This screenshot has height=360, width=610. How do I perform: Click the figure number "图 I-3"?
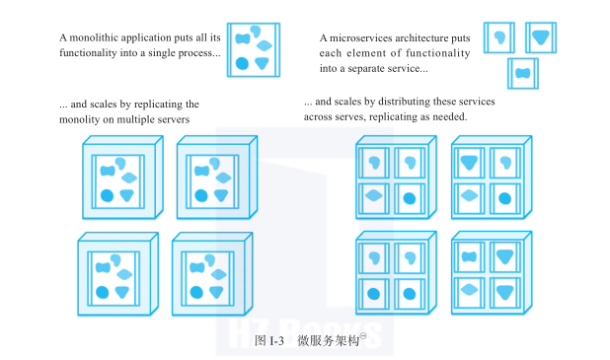(x=269, y=341)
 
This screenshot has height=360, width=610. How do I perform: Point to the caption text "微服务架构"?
(x=328, y=341)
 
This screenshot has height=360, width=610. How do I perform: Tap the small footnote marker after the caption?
(x=363, y=336)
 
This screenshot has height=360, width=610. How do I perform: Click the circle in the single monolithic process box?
(x=242, y=63)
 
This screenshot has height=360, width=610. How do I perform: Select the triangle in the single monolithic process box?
(x=262, y=63)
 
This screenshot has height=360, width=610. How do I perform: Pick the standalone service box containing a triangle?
(x=541, y=37)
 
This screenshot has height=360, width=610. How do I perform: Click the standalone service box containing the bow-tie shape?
(x=523, y=73)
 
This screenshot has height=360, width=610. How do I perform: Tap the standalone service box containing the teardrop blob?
(x=499, y=37)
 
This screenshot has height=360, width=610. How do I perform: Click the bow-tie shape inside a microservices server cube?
(x=469, y=256)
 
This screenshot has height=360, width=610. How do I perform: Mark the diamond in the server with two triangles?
(x=469, y=290)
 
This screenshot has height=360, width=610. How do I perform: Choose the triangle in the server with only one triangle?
(x=469, y=163)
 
